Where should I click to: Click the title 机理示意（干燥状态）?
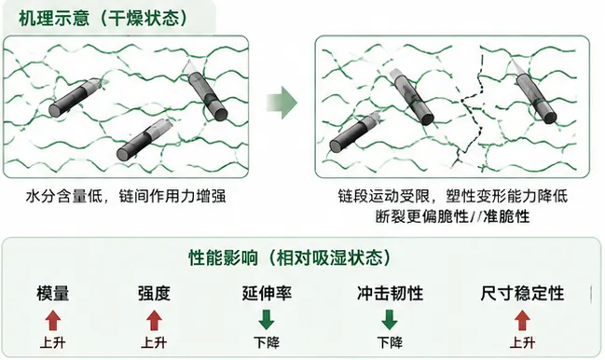coord(103,19)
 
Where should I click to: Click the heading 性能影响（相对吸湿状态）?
coord(290,257)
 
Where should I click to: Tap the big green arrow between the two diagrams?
coord(282,103)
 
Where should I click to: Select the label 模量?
coord(53,293)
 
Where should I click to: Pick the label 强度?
coord(154,293)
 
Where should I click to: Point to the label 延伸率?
coord(267,293)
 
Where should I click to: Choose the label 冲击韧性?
coord(390,293)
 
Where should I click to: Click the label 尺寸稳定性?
coord(522,293)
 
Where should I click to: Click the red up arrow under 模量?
coord(53,320)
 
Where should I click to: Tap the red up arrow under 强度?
coord(154,320)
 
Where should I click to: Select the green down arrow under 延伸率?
coord(267,320)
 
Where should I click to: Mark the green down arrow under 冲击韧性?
coord(390,320)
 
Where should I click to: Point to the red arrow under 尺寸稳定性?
coord(522,320)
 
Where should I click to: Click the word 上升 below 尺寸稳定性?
coord(522,342)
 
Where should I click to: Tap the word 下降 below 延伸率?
coord(267,342)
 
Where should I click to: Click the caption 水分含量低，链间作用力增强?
coord(126,197)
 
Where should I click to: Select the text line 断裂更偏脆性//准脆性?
coord(453,216)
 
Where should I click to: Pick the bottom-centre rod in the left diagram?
coord(144,140)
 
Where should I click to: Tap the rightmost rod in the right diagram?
coord(535,92)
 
